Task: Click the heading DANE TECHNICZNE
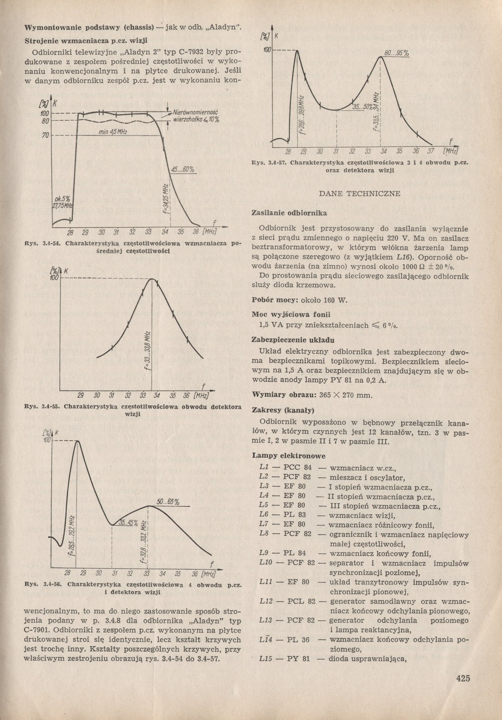360,194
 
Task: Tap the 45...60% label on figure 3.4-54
183,170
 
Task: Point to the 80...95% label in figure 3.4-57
396,53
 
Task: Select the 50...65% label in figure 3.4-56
168,502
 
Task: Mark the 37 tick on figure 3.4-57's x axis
430,151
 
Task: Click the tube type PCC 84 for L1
297,467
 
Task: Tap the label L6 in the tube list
264,515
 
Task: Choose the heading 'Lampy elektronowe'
289,455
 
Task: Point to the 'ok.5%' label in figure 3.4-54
62,199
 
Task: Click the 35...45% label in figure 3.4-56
128,523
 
